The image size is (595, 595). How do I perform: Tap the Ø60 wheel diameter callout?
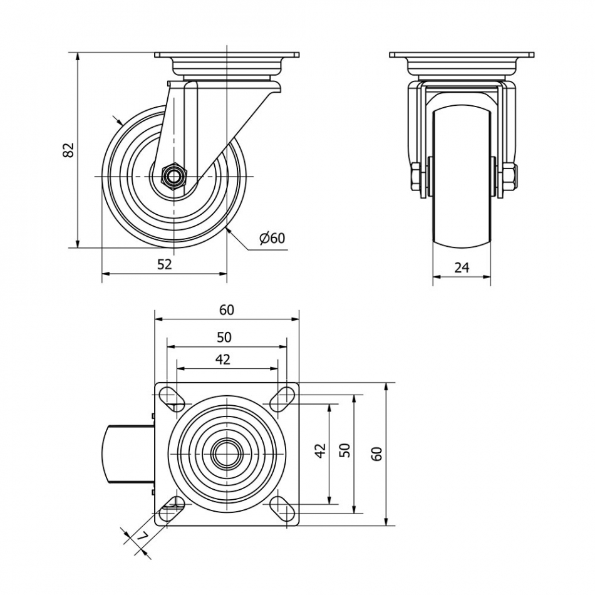point(272,238)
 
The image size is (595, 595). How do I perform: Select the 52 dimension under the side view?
point(164,264)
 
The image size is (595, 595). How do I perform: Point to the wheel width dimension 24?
point(462,268)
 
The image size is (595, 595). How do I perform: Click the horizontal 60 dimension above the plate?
point(227,310)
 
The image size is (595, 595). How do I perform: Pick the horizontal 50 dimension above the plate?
point(224,337)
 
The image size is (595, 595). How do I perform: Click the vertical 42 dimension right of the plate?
point(321,450)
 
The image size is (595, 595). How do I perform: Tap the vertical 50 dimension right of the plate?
point(345,450)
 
